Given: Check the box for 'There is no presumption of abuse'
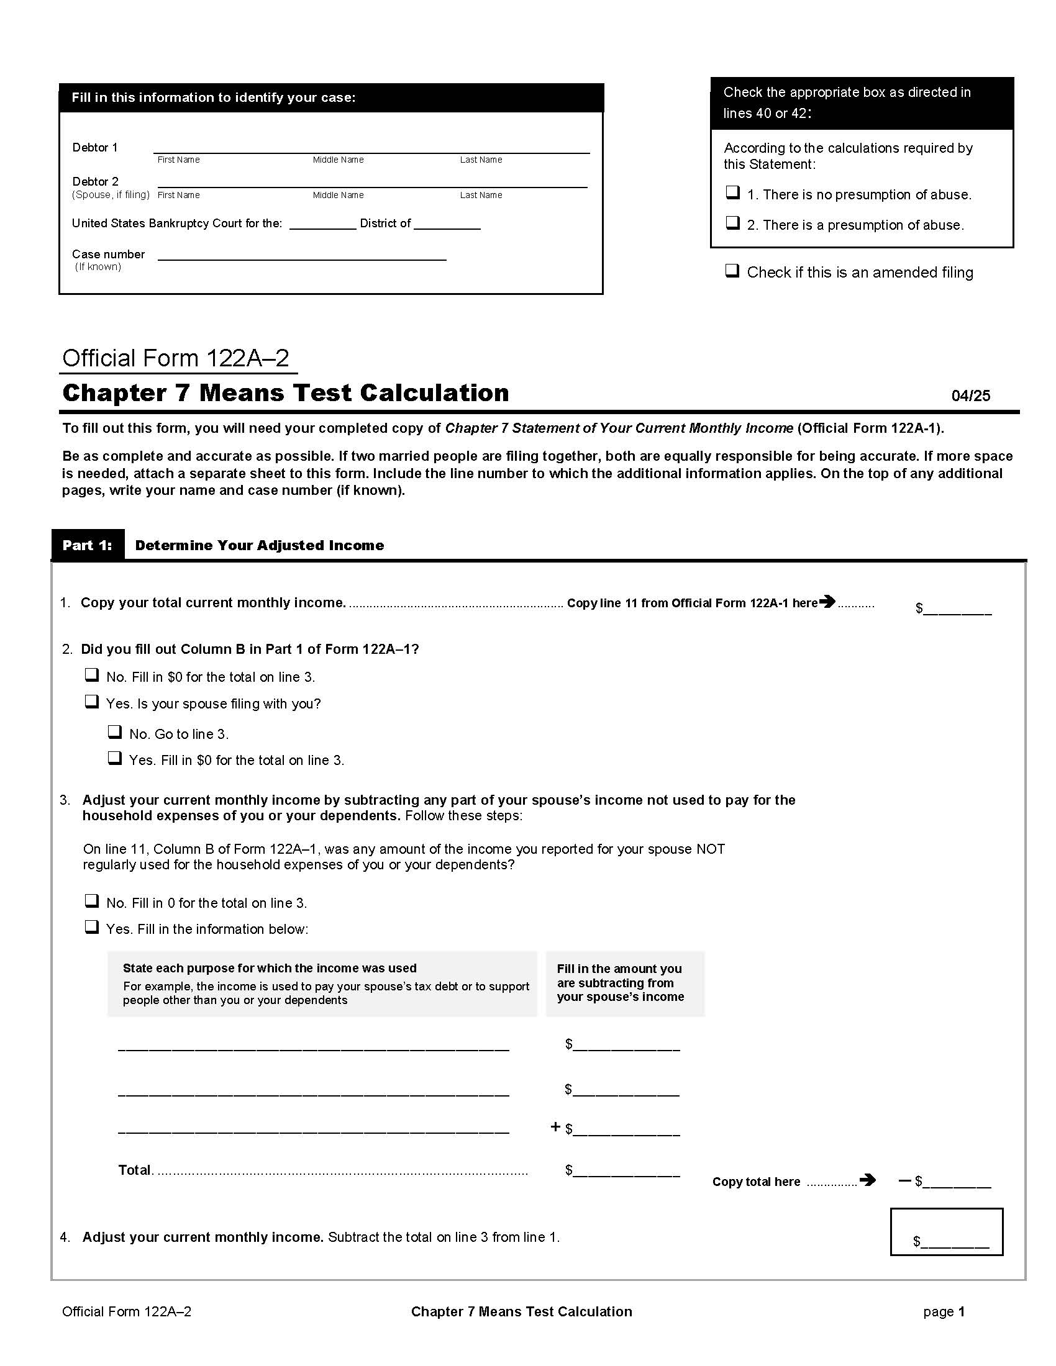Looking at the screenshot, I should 732,192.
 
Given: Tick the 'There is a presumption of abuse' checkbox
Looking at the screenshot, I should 732,223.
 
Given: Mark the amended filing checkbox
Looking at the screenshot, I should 732,271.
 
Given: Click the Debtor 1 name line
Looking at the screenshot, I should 371,148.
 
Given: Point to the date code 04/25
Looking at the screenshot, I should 970,396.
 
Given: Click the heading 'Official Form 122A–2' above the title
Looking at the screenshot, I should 176,358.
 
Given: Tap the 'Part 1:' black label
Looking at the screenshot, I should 88,545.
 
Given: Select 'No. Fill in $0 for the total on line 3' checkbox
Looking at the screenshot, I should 92,675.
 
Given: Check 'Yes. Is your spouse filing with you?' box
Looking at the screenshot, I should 92,702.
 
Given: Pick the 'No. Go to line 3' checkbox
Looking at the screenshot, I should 115,732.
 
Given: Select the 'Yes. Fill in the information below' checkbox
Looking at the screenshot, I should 92,927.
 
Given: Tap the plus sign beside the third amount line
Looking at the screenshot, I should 555,1127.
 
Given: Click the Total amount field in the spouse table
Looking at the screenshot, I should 626,1170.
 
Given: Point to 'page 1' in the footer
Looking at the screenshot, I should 944,1311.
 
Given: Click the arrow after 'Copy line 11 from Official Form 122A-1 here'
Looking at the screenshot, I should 827,602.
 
